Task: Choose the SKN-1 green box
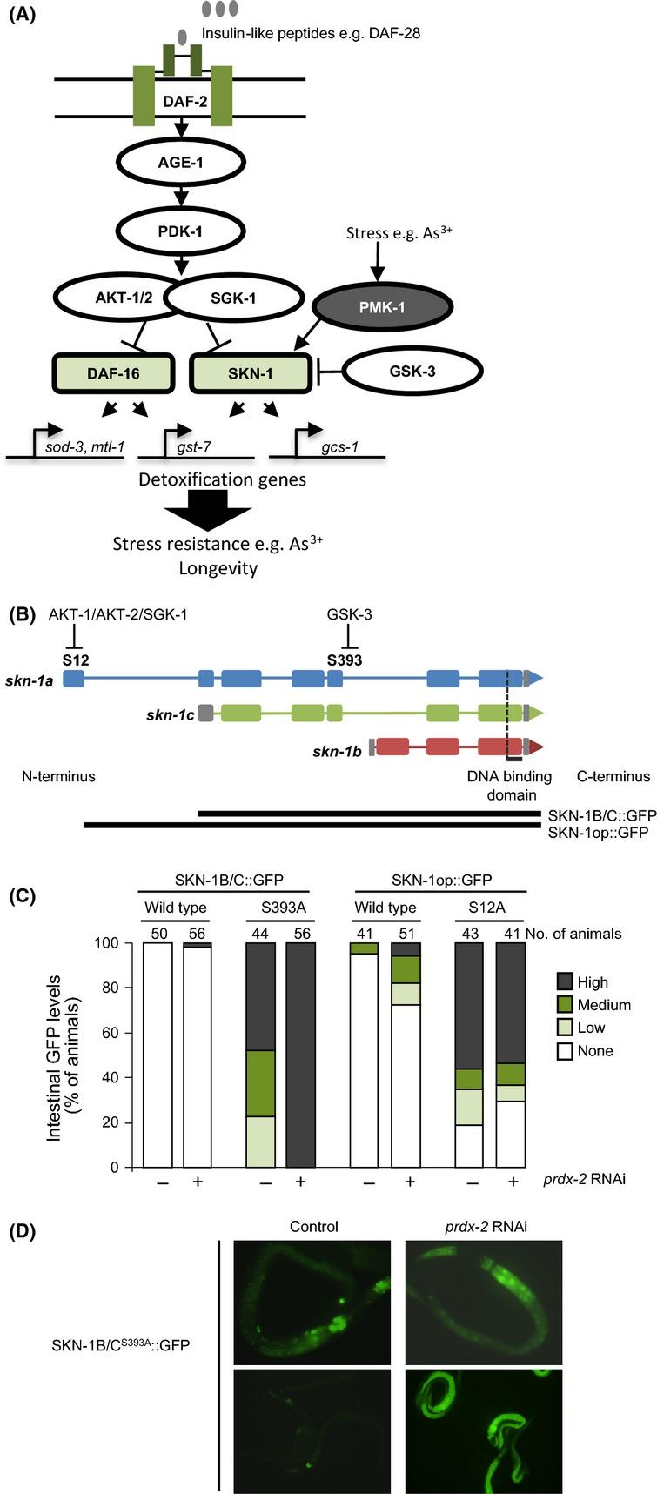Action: coord(251,374)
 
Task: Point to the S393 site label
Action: coord(345,660)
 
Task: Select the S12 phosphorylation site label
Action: coord(75,660)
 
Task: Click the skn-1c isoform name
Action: coord(171,714)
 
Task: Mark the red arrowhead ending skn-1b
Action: coord(537,747)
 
